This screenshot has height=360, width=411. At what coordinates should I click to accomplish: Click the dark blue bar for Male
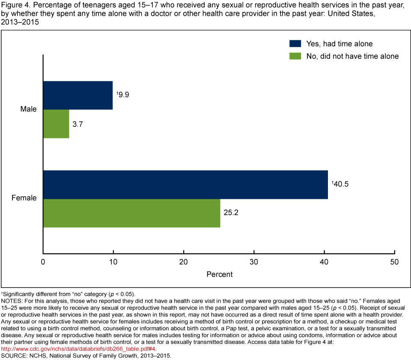pos(78,95)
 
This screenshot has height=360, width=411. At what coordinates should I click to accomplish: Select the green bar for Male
pos(56,124)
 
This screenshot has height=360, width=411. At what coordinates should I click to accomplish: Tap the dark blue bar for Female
pos(185,185)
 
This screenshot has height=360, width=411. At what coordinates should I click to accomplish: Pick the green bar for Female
pos(132,213)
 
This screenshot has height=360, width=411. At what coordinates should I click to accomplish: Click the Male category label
pos(29,109)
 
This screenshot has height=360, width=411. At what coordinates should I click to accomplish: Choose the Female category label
pos(24,198)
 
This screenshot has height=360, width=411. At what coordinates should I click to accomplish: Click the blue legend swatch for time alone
pos(295,44)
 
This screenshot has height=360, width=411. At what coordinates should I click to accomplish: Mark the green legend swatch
pos(295,56)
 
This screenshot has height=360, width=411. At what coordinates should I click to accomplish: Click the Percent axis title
pos(219,274)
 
